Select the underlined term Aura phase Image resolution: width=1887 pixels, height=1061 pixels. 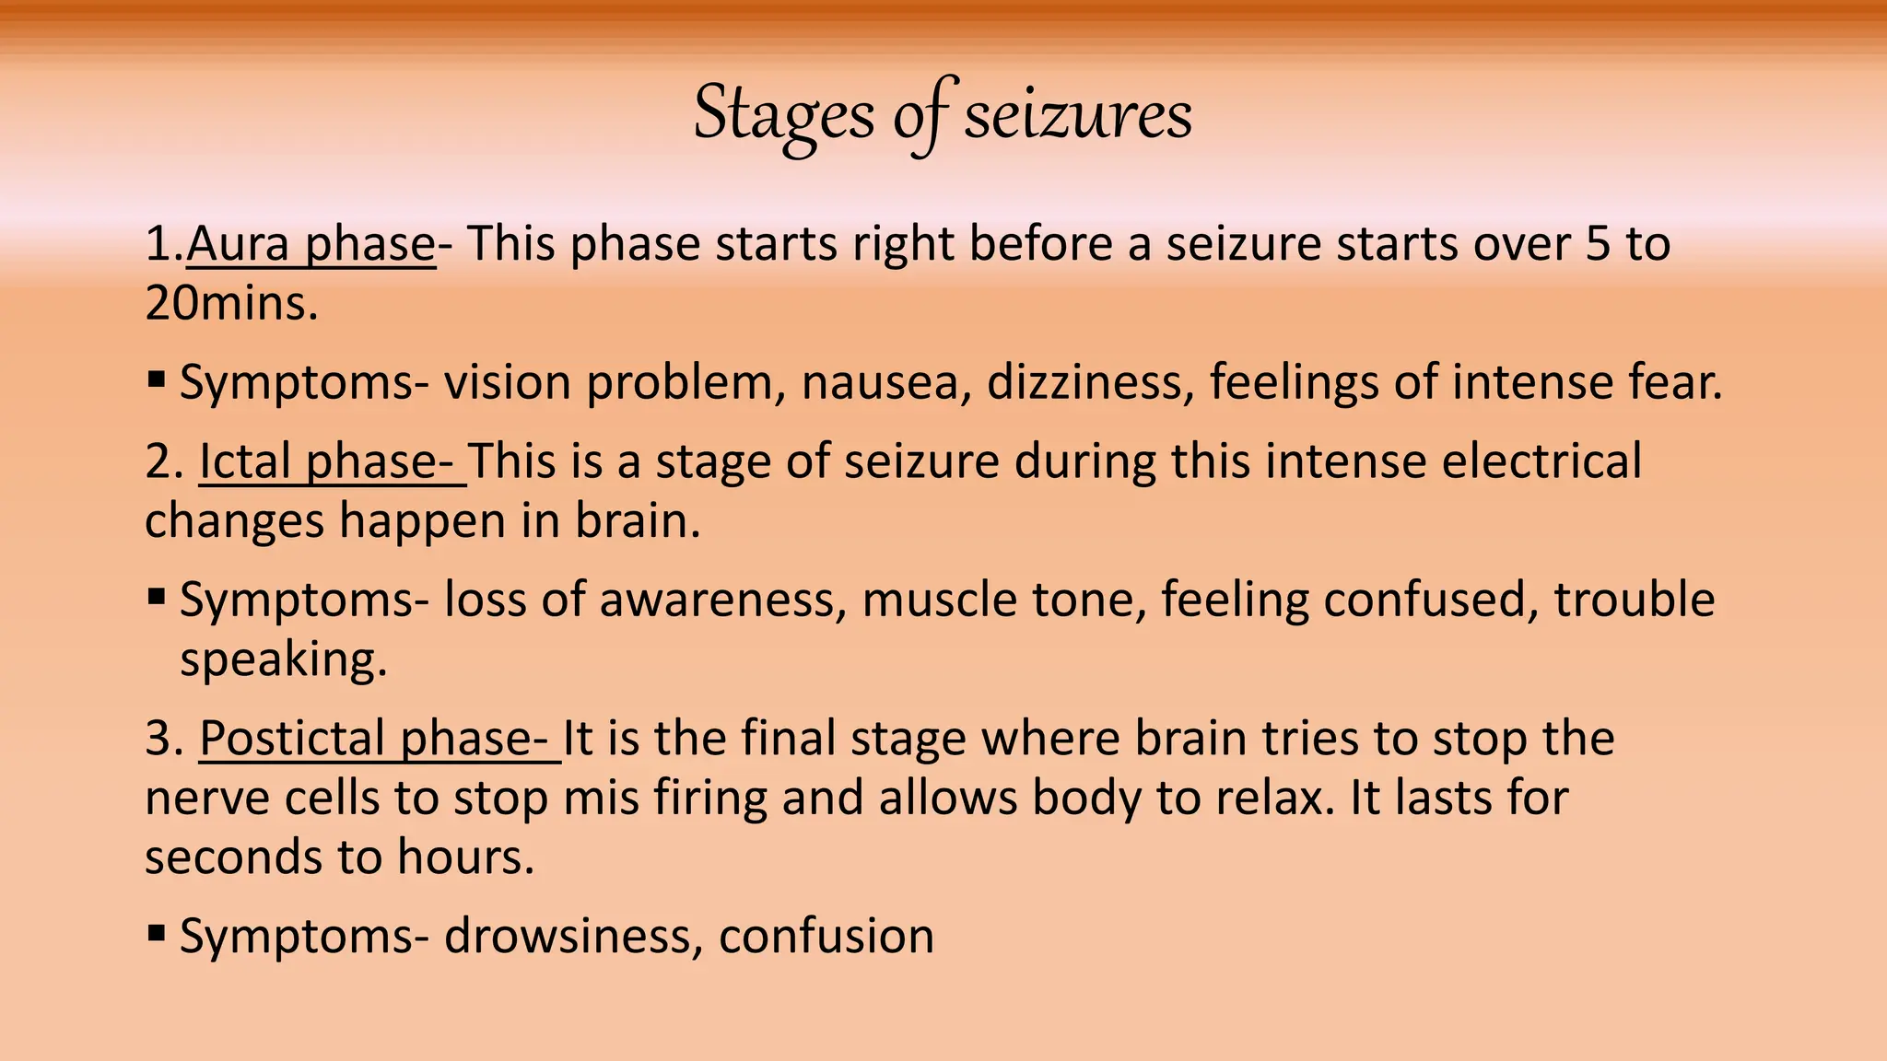click(x=311, y=244)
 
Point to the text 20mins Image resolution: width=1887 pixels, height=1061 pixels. click(x=231, y=303)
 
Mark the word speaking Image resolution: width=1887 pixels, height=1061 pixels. click(x=283, y=659)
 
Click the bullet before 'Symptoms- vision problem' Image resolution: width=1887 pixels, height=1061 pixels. click(x=157, y=379)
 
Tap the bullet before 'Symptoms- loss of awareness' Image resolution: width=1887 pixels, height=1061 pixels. click(x=157, y=597)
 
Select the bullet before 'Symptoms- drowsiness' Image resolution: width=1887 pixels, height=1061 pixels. click(x=157, y=933)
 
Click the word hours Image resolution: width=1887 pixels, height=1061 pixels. click(x=465, y=857)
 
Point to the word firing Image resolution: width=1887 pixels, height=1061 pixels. click(x=709, y=799)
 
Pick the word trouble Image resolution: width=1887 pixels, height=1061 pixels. click(x=1634, y=600)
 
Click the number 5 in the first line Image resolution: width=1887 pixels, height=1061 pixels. click(x=1598, y=244)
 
